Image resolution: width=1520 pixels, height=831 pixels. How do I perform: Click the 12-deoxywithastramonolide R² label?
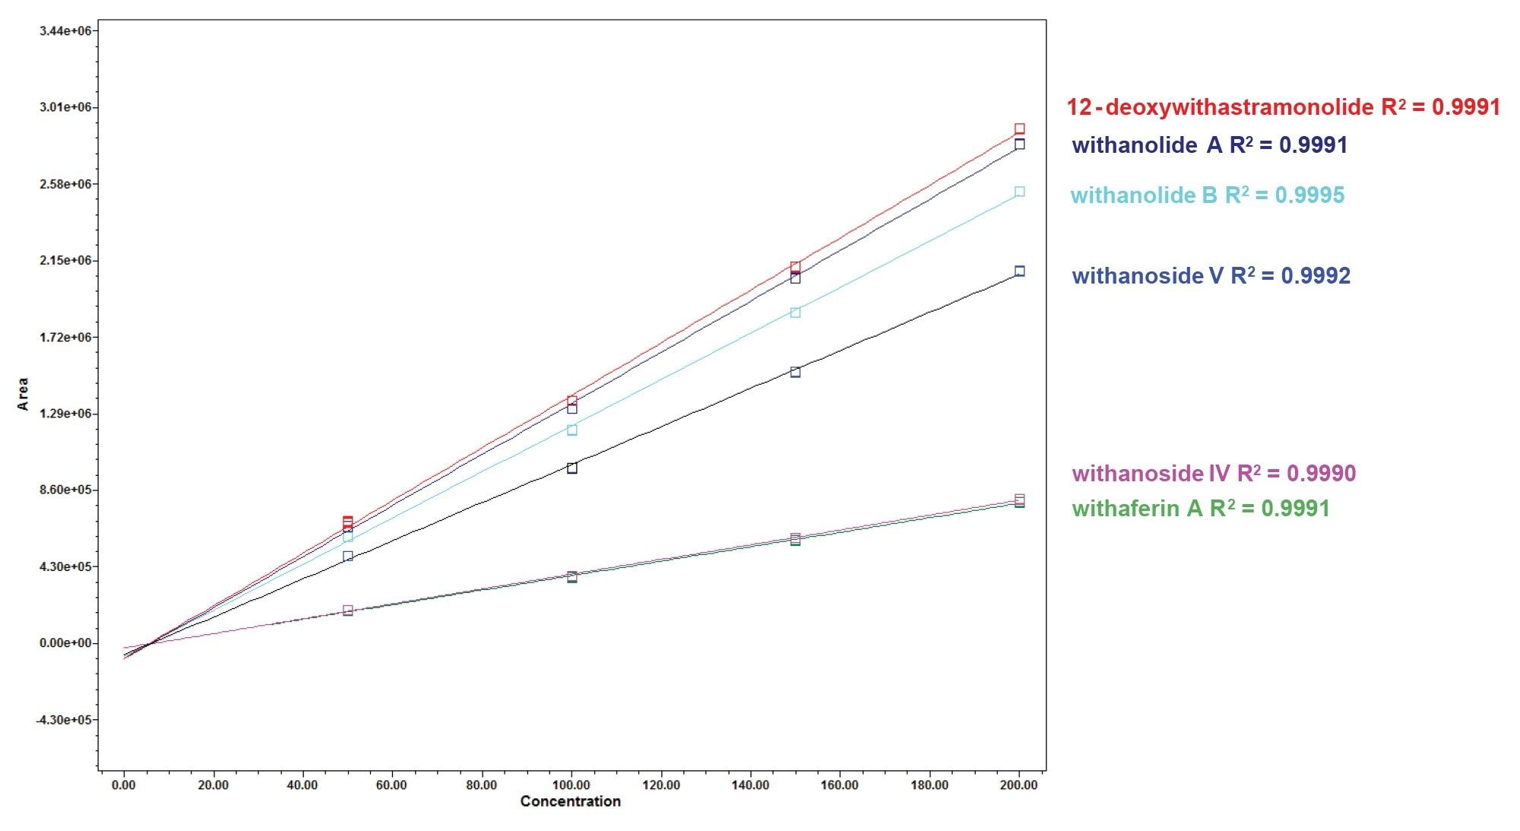point(1283,107)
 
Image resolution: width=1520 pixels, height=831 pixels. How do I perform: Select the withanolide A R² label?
point(1209,145)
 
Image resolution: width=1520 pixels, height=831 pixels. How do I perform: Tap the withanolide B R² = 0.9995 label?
point(1208,195)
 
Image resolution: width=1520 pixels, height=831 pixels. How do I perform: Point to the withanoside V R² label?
point(1211,275)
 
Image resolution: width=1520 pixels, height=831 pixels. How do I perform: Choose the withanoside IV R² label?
point(1214,474)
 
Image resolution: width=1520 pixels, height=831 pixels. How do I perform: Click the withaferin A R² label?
point(1201,509)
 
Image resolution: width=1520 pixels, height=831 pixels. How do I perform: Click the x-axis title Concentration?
point(570,801)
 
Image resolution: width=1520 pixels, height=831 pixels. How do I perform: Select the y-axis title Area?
point(23,394)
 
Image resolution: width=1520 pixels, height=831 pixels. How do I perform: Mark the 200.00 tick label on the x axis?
point(1018,785)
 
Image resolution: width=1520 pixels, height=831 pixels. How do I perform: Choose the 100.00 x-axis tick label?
point(572,785)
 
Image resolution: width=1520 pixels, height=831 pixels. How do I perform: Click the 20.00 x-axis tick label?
point(213,785)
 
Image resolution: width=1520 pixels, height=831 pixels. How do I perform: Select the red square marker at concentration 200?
point(1020,129)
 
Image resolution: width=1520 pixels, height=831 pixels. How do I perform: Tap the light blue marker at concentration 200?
point(1020,192)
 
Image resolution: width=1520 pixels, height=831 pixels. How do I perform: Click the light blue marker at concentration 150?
point(795,312)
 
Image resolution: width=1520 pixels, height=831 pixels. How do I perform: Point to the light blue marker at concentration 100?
point(572,430)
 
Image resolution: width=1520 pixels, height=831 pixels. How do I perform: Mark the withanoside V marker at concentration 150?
point(795,372)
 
